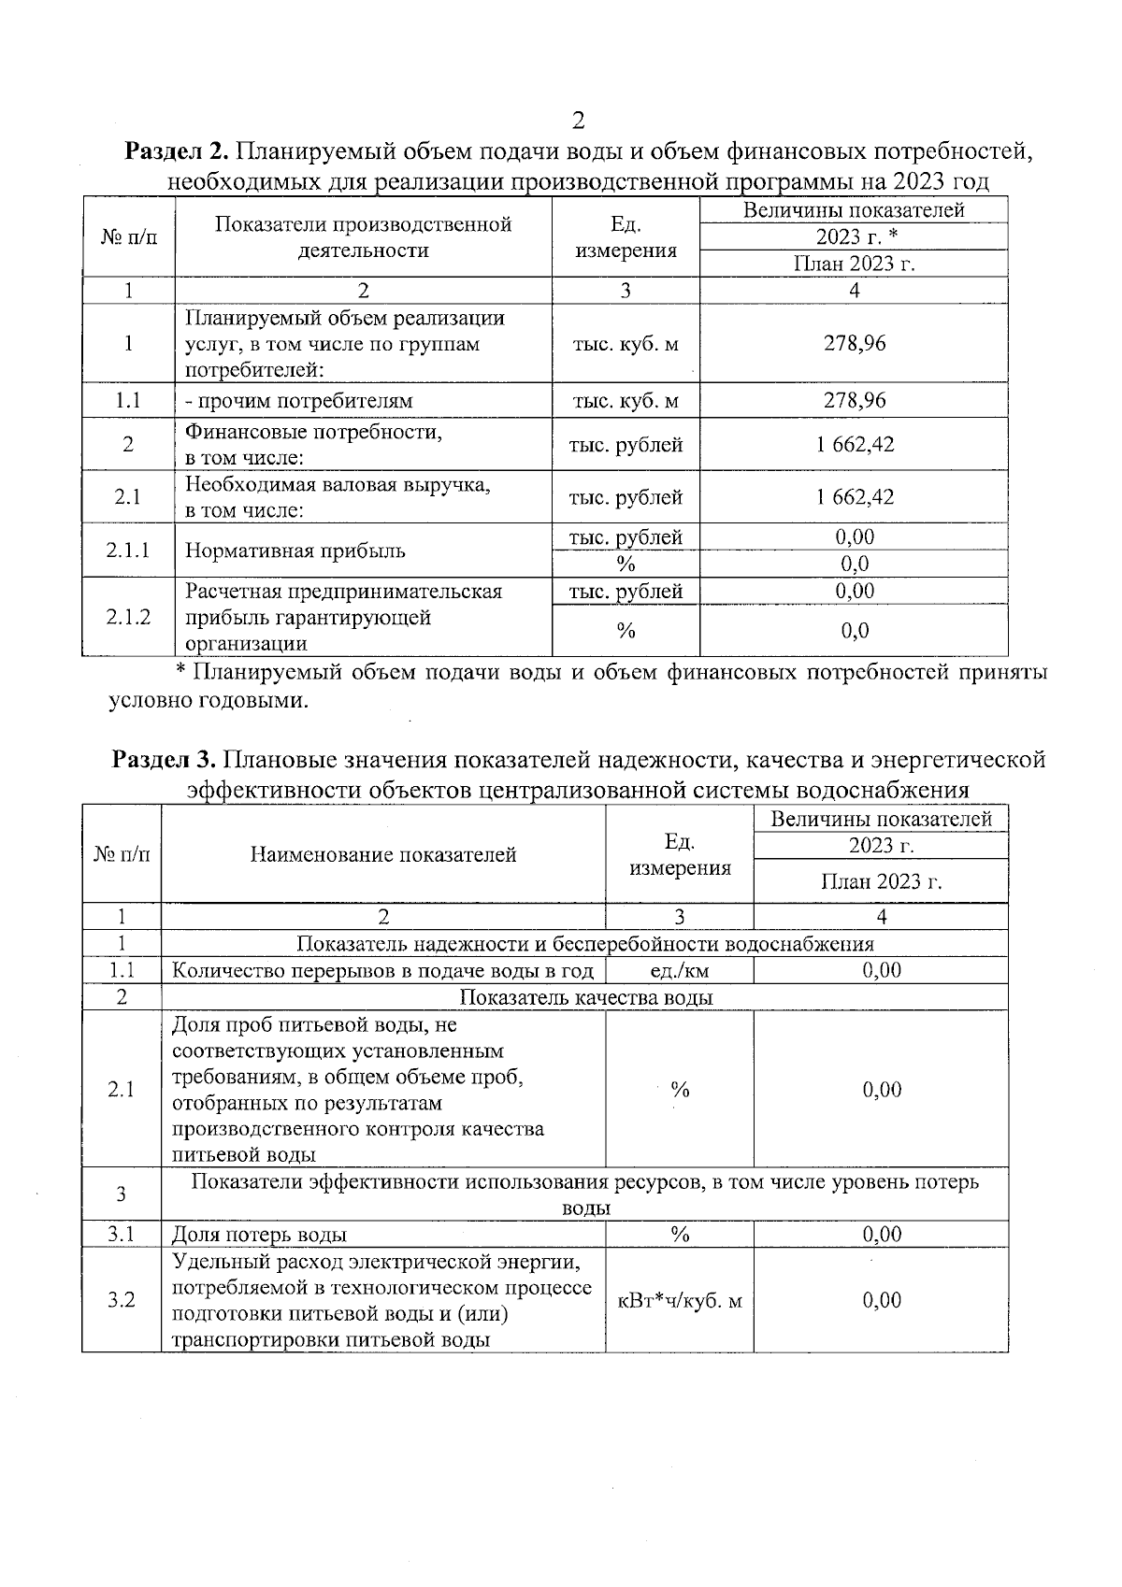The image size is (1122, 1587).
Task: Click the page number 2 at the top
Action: tap(578, 121)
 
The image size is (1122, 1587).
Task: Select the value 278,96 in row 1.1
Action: tap(854, 401)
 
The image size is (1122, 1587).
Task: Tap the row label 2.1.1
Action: tap(128, 550)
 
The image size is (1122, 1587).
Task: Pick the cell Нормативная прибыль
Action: tap(295, 550)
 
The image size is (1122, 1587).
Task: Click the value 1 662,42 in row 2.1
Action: tap(854, 497)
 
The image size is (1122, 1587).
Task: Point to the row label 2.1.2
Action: tap(128, 617)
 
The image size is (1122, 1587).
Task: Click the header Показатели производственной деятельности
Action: tap(363, 237)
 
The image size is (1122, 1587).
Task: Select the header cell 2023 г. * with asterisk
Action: tap(854, 236)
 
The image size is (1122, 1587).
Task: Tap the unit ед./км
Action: tap(679, 971)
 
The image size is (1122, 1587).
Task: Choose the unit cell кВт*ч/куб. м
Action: tap(679, 1301)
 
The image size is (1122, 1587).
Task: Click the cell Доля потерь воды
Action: tap(260, 1235)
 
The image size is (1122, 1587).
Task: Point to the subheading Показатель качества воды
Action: tap(585, 997)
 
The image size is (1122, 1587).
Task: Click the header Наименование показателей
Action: tap(383, 854)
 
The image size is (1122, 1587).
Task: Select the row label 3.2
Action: tap(121, 1301)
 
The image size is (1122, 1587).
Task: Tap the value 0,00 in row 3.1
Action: tap(881, 1235)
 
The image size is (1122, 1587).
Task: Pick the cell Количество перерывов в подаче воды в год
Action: tap(383, 971)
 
